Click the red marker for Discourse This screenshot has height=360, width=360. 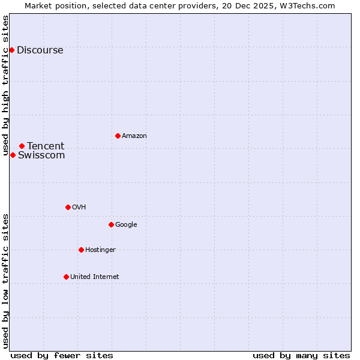[12, 50]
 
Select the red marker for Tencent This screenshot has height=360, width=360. [22, 146]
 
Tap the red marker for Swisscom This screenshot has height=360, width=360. [13, 155]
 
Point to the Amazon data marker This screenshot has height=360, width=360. [118, 136]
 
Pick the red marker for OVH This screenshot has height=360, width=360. [68, 207]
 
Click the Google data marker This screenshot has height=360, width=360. [111, 224]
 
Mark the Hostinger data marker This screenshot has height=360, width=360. [81, 250]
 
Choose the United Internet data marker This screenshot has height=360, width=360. [66, 277]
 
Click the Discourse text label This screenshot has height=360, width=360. [40, 50]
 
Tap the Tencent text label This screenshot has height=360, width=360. [46, 146]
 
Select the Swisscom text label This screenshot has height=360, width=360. [41, 155]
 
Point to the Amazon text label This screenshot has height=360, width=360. [134, 136]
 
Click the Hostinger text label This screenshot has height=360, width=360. [100, 250]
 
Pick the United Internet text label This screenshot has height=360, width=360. [95, 277]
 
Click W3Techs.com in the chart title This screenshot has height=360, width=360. [308, 6]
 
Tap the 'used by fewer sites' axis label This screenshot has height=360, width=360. [62, 355]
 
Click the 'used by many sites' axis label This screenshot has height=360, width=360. [301, 355]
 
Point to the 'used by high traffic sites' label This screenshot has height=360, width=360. [6, 85]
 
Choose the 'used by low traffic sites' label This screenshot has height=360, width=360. [6, 280]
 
